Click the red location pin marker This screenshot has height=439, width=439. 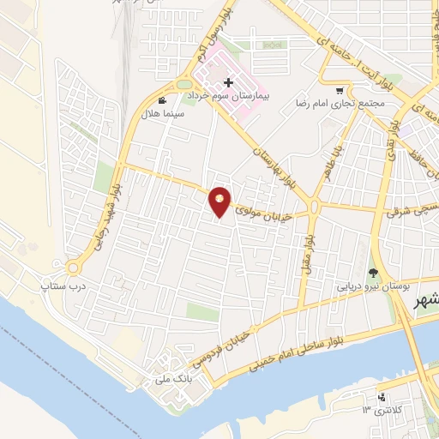pos(220,201)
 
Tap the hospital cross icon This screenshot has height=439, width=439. pos(228,82)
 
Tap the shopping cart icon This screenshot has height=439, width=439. pos(340,91)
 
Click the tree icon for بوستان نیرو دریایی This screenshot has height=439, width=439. pos(372,271)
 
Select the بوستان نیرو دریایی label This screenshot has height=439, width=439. pos(374,285)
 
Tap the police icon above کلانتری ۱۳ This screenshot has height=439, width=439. pos(382,398)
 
